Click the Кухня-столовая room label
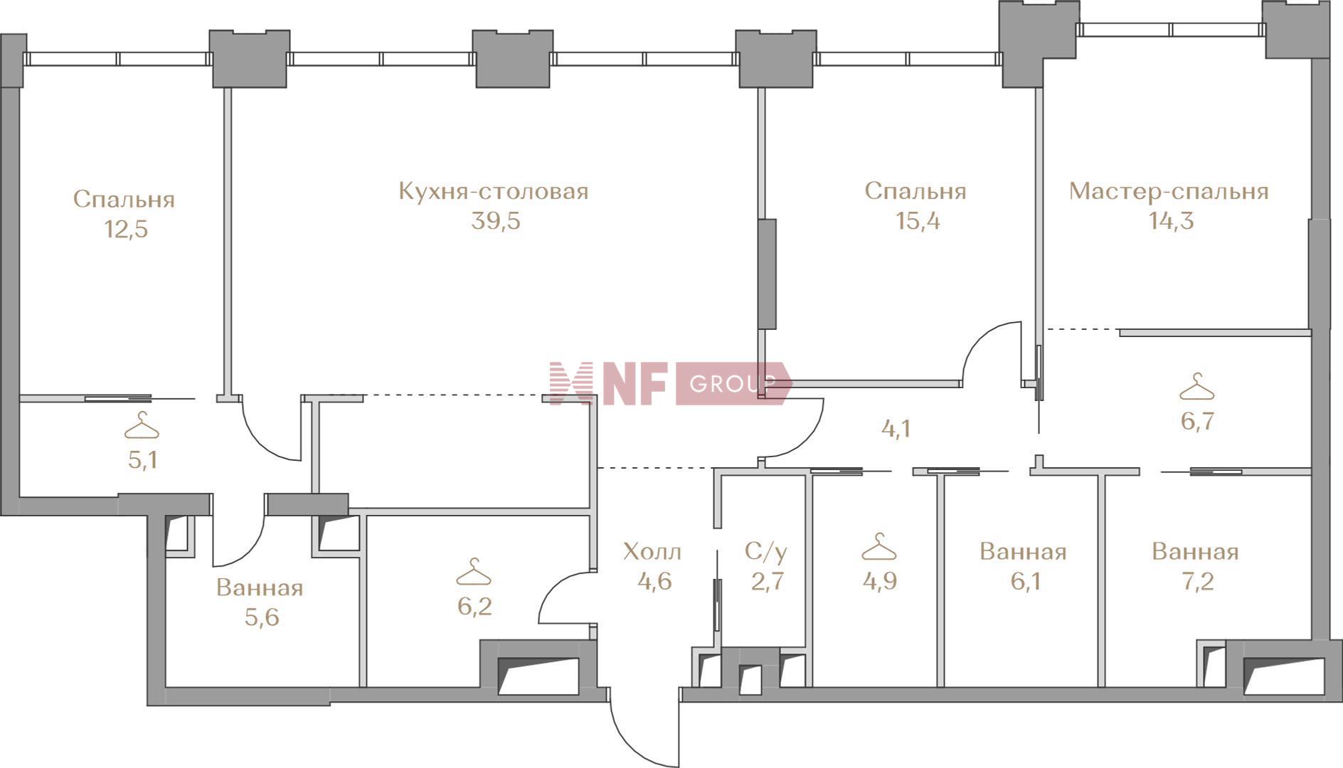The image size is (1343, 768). point(493,191)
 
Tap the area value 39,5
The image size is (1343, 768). point(496,221)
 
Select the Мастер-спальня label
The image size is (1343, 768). point(1169,191)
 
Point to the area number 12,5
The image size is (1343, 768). point(126,230)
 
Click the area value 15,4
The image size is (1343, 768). point(918,221)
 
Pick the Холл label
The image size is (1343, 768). point(652,551)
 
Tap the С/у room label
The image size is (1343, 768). point(766,551)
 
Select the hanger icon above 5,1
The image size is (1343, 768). point(142,426)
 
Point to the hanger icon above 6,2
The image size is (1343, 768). point(474,572)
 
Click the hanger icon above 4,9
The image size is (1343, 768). point(879,547)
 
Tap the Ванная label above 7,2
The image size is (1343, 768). point(1196,551)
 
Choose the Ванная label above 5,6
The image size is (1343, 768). point(260,587)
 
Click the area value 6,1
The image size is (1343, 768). point(1025,582)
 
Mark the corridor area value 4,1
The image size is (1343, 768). point(896,429)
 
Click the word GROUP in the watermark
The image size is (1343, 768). point(733,384)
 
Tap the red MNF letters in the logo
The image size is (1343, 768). point(609,384)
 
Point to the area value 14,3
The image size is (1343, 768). point(1171,221)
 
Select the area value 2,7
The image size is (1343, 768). point(768,582)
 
